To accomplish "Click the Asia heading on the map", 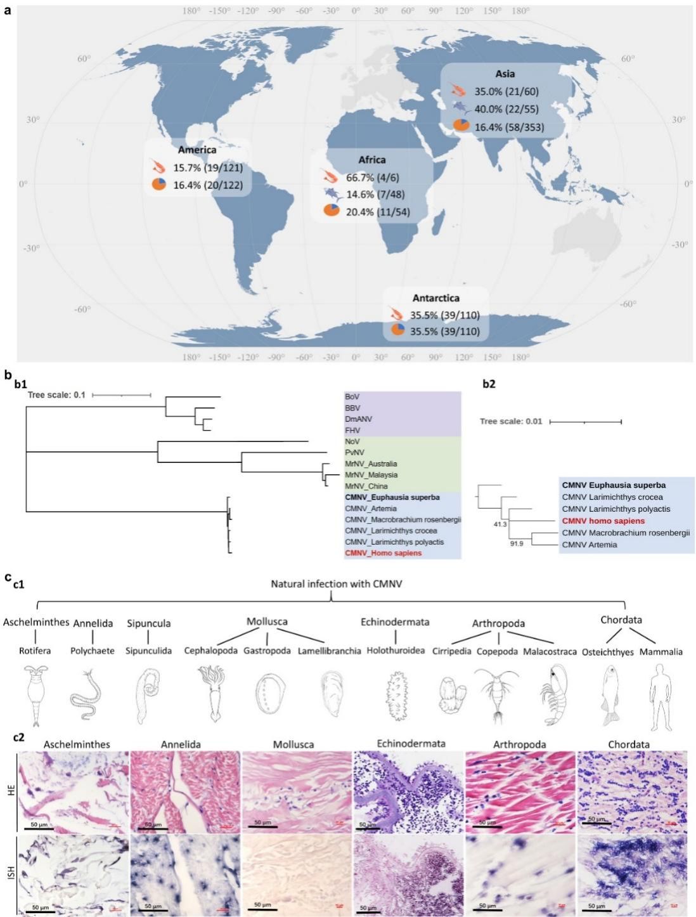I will coord(505,74).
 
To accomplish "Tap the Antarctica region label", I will coord(435,298).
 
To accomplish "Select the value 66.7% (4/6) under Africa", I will coord(372,178).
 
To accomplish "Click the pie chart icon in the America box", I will coord(158,185).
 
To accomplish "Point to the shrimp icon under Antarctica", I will coord(397,314).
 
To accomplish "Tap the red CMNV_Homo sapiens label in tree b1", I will coord(383,553).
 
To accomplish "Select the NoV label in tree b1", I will coord(352,441).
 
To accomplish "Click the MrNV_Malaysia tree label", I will coord(371,475).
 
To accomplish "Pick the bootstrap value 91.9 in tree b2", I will coord(517,544).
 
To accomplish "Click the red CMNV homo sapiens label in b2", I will coord(603,521).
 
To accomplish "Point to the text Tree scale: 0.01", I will coord(511,422).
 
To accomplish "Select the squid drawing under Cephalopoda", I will coord(210,693).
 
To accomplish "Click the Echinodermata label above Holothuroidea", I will coord(395,622).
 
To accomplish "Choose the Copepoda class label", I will coord(497,651).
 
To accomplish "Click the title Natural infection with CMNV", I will coord(336,584).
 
